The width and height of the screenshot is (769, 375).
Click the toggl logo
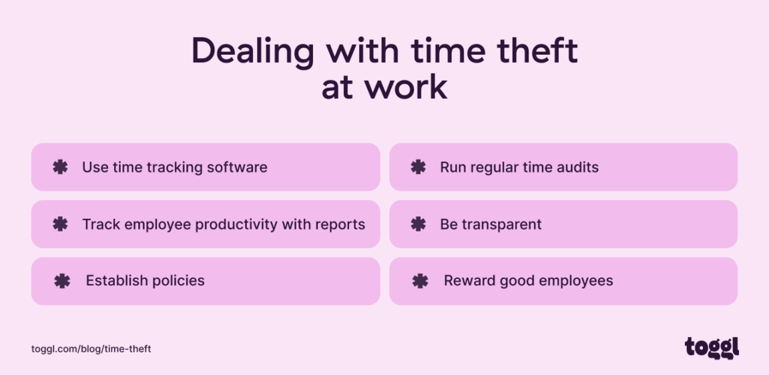[712, 348]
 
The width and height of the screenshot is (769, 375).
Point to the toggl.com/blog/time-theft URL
[91, 349]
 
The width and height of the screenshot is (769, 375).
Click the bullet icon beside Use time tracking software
[60, 167]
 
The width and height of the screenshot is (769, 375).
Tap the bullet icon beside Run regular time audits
[419, 167]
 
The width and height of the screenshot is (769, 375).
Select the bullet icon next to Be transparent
[419, 224]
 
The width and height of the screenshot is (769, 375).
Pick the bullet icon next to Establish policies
[62, 281]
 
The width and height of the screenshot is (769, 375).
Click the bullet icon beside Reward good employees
[421, 281]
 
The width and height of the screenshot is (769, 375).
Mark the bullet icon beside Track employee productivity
[60, 224]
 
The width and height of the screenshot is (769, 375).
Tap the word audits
[577, 167]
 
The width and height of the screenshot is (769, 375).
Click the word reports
[340, 225]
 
